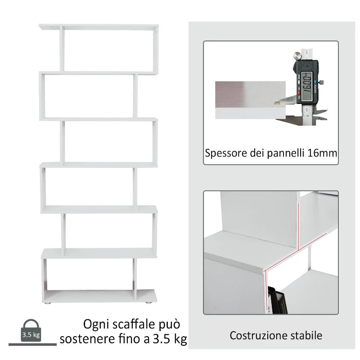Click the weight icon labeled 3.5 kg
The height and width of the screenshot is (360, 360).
click(31, 331)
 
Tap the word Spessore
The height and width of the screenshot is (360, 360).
click(225, 153)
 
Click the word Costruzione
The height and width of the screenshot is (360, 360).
click(257, 335)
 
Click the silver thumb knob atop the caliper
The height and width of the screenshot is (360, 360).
click(297, 56)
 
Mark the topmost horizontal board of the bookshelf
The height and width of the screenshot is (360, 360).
click(99, 27)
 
